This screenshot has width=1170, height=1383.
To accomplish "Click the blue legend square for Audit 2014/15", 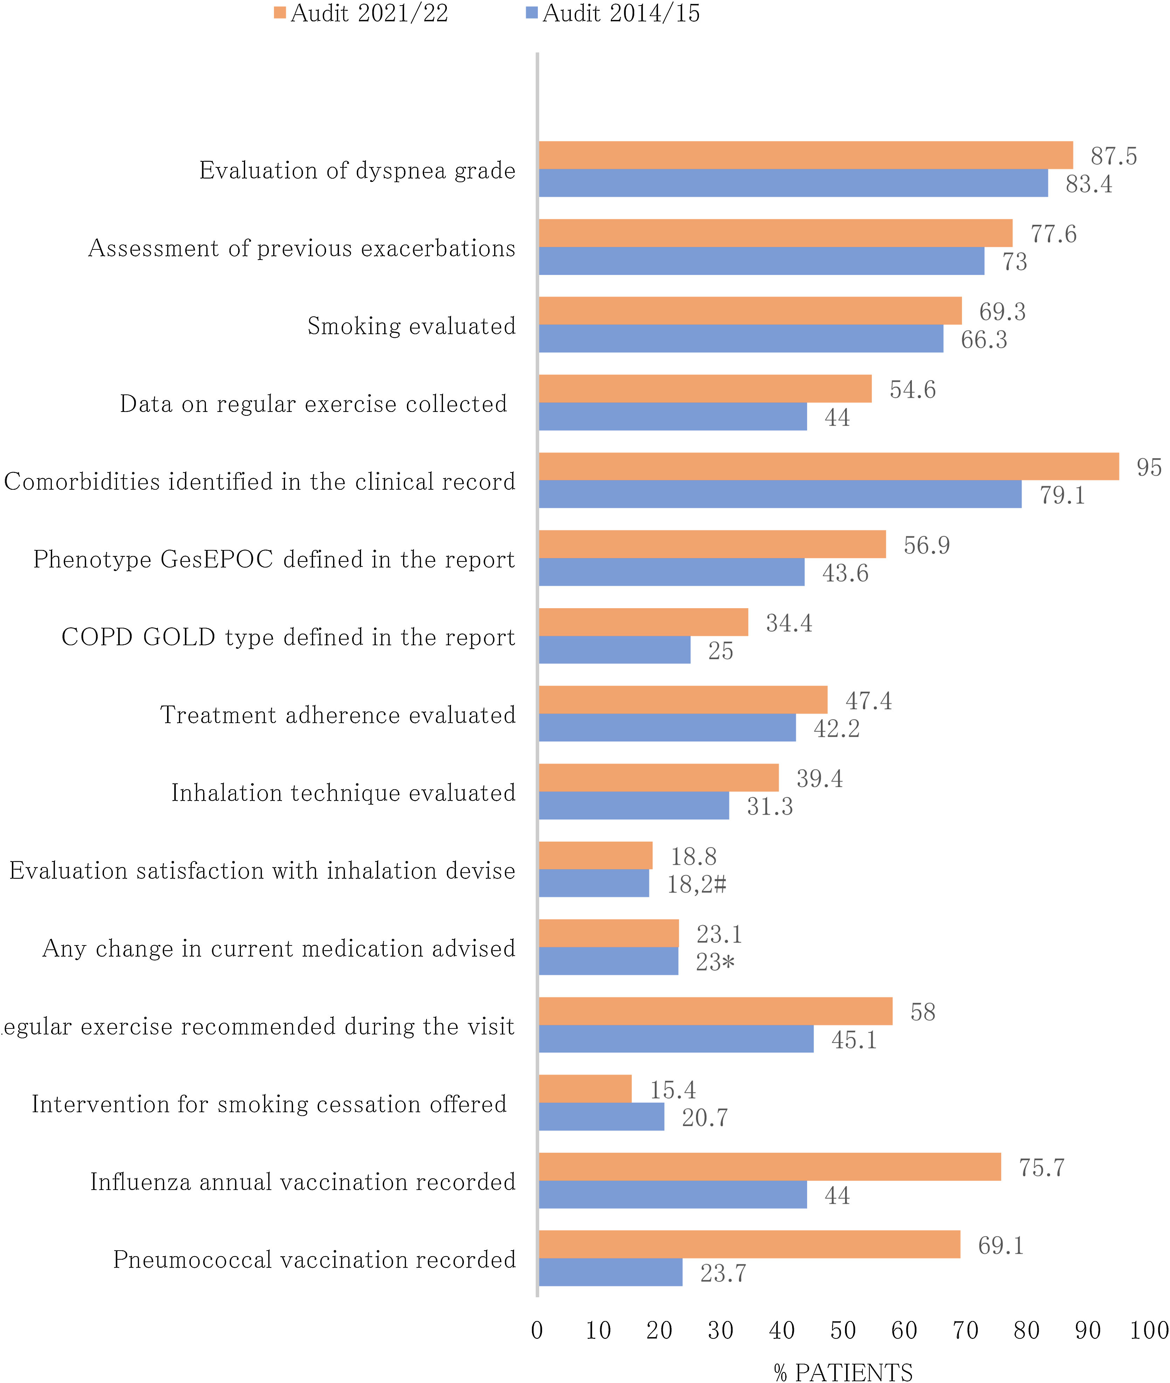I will click(x=531, y=13).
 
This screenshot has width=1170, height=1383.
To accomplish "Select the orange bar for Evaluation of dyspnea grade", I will click(x=805, y=155).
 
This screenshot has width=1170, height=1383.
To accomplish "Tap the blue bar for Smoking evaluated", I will click(x=740, y=338).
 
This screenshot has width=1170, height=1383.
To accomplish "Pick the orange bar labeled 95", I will click(x=829, y=466).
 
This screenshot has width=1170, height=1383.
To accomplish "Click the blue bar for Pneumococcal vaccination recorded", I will click(x=610, y=1272).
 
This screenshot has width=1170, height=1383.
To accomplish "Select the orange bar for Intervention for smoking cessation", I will click(x=585, y=1088).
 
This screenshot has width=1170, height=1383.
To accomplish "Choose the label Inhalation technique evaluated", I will click(x=343, y=793).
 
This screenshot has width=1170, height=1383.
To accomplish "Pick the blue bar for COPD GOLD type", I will click(x=614, y=649).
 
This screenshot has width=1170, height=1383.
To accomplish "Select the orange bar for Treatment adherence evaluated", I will click(x=683, y=699).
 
